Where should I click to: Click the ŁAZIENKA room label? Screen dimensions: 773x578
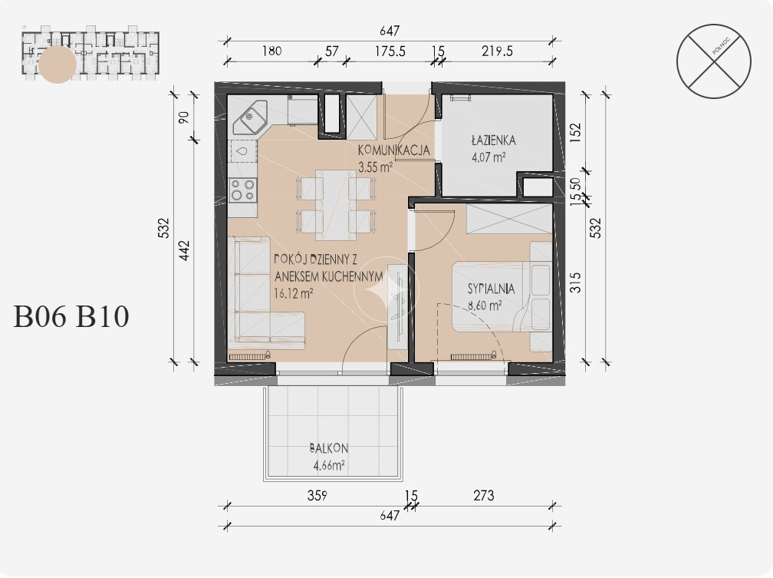coord(493,140)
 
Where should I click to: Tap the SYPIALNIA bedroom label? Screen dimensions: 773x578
coord(491,289)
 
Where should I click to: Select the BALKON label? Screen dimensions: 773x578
coord(329,448)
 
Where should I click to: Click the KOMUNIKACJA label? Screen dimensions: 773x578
coord(394,150)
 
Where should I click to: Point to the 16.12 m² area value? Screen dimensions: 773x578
coord(293,294)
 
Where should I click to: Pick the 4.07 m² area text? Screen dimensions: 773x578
coord(488,158)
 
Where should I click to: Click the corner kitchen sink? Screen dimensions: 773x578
coord(250,118)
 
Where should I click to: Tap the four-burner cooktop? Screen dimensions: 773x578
coord(243,189)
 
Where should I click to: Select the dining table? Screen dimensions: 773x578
coord(336,205)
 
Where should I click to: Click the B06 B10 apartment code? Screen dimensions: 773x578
coord(71,316)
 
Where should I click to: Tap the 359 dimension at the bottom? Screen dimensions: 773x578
coord(317,495)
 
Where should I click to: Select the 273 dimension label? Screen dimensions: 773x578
coord(484,495)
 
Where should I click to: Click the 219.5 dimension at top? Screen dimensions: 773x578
coord(498,51)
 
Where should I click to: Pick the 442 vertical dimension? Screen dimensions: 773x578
coord(184,250)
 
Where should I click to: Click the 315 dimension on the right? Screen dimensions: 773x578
coord(575,282)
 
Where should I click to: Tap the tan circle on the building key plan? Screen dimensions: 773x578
coord(58,64)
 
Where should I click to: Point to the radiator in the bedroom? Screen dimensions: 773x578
coord(472,356)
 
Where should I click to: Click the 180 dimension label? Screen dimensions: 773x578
coord(271,51)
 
